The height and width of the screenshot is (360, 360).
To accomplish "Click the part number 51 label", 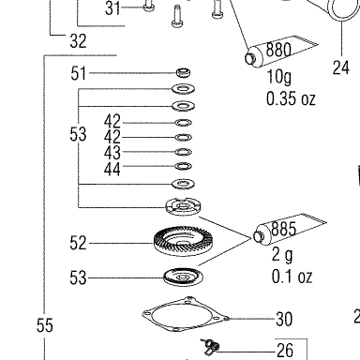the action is tap(78, 73).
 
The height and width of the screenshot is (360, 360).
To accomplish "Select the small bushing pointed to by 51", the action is tap(183, 72).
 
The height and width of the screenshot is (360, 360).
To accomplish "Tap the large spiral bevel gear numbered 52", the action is tap(184, 241).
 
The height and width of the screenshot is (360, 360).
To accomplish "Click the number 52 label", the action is tap(78, 243).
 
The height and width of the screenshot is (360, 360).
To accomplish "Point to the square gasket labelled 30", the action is tap(186, 314).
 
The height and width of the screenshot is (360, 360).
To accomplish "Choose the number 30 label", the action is tap(284, 319).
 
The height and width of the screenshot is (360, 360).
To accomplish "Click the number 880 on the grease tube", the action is tap(278, 50).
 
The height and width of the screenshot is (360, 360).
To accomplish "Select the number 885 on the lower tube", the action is tap(283, 229).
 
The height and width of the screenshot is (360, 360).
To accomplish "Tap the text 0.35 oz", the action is tap(291, 98).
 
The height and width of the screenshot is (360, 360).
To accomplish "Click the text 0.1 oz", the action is tap(292, 277).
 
